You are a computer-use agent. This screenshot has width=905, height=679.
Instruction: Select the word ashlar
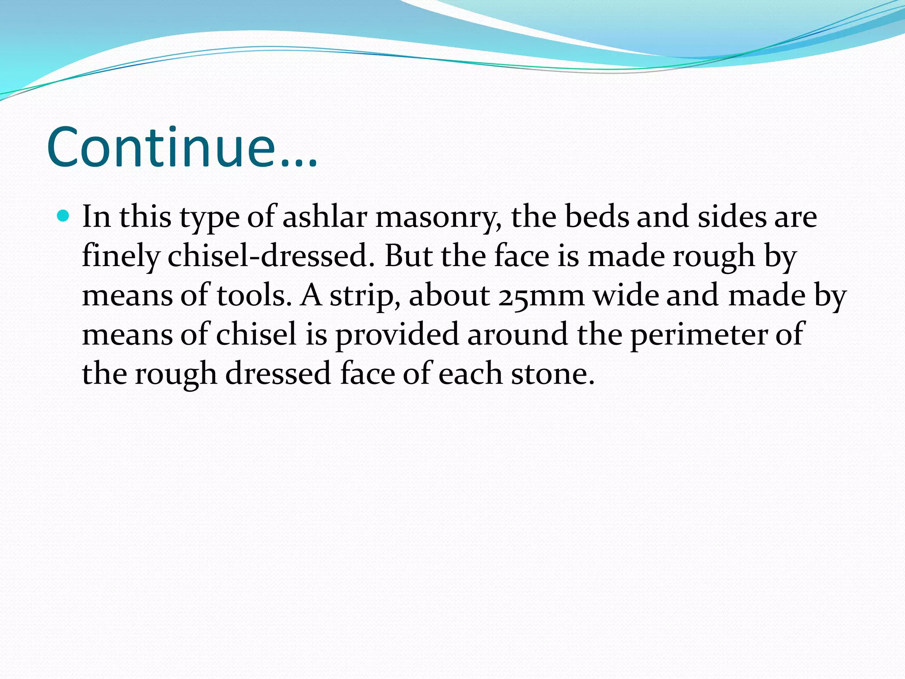(325, 217)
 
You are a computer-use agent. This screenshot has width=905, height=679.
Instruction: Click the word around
(517, 335)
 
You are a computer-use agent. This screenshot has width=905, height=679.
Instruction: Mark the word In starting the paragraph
(96, 217)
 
